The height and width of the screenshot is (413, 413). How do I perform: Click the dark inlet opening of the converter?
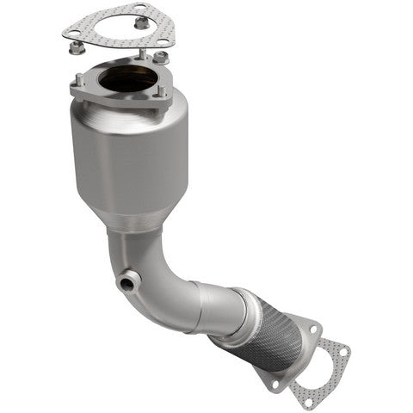tap(126, 80)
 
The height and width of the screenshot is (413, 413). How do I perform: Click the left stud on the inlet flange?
tap(79, 79)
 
